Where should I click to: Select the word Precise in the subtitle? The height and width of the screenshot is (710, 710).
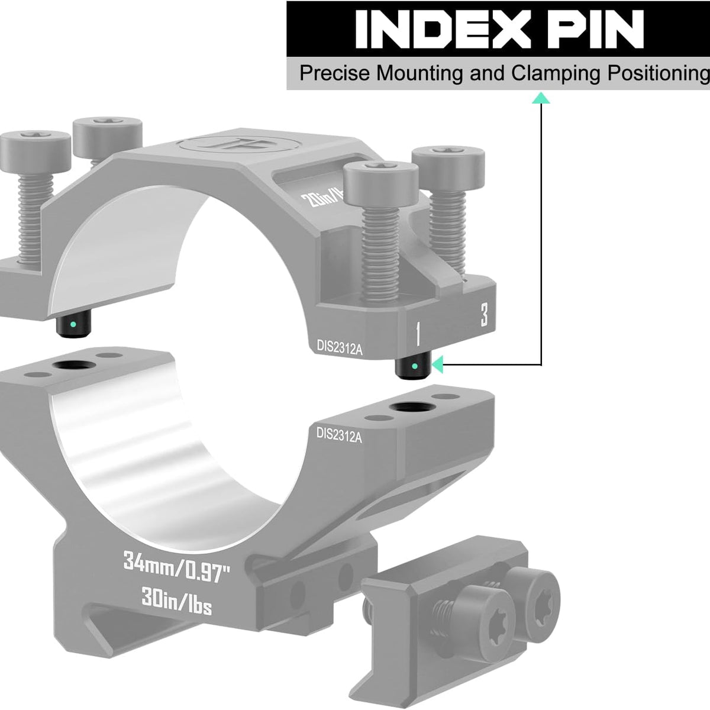coord(335,74)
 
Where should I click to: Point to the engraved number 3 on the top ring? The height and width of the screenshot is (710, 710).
coord(484,315)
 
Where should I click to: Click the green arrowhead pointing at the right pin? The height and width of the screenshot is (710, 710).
coord(437,365)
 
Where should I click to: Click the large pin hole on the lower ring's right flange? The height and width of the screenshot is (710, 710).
coord(408,408)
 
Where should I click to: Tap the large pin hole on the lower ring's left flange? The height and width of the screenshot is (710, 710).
coord(73,365)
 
